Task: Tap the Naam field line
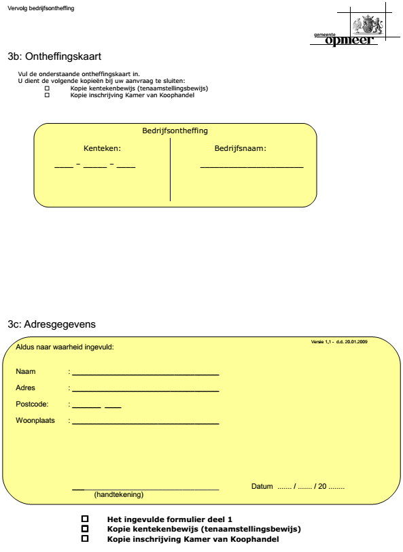(x=145, y=374)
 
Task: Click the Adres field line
(x=145, y=390)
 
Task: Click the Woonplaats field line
(x=145, y=423)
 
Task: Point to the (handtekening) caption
(x=119, y=494)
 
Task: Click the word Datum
(x=262, y=487)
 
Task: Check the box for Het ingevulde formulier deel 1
(x=85, y=519)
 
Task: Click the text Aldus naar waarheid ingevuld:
(x=65, y=347)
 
